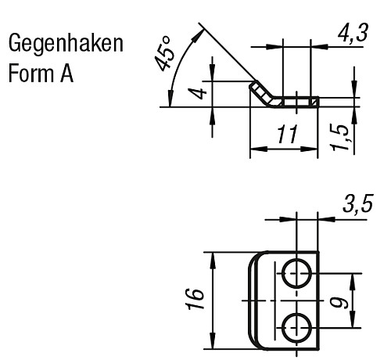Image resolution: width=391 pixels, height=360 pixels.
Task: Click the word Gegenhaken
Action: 65,44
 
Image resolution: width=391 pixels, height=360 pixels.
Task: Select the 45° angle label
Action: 165,53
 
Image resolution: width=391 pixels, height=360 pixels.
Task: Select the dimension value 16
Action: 196,298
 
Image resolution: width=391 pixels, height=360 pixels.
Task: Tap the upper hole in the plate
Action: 298,273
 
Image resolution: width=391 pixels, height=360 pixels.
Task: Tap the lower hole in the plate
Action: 298,326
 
